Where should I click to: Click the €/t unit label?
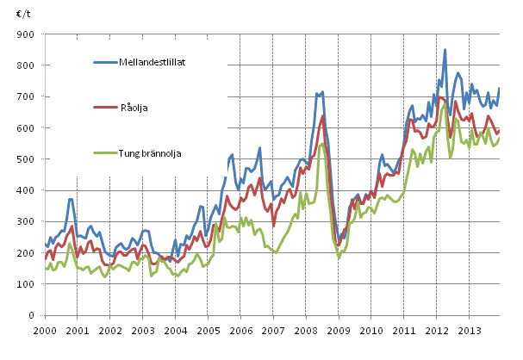(x=22, y=13)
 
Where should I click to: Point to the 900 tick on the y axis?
(x=26, y=34)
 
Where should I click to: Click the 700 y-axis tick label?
(x=26, y=96)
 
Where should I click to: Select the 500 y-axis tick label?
(x=26, y=159)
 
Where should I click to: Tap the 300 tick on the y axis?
(x=26, y=222)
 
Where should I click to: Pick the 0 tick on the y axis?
(x=33, y=316)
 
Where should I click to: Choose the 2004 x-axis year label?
(x=176, y=330)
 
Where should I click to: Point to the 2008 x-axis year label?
(x=305, y=330)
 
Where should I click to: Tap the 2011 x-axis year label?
(x=402, y=330)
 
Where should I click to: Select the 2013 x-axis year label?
(x=467, y=330)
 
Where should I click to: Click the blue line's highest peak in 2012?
(x=445, y=50)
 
